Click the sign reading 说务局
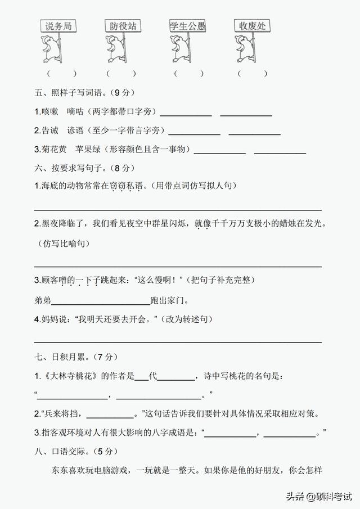pos(59,26)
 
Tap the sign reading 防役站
pos(123,26)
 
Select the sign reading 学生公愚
pos(187,26)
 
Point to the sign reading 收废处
pos(251,26)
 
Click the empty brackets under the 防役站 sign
pos(121,74)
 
